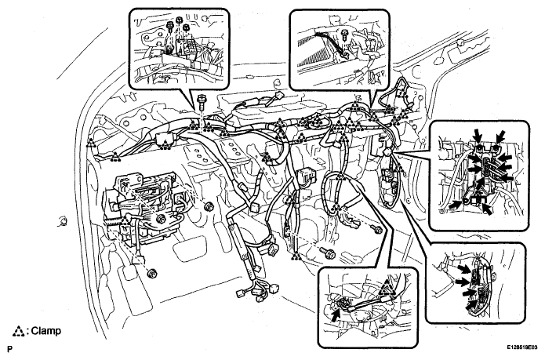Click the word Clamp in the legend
click(x=46, y=331)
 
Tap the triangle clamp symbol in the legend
click(x=18, y=332)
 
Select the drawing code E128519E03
click(x=521, y=347)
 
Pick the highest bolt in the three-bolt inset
click(x=180, y=21)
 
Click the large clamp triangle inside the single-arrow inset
click(x=387, y=289)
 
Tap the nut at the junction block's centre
click(x=161, y=219)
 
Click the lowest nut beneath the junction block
click(x=151, y=273)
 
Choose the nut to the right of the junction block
click(x=209, y=206)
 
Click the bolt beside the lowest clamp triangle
click(x=328, y=253)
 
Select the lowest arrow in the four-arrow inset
click(x=471, y=305)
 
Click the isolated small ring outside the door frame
click(x=63, y=221)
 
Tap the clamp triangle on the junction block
click(x=125, y=220)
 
